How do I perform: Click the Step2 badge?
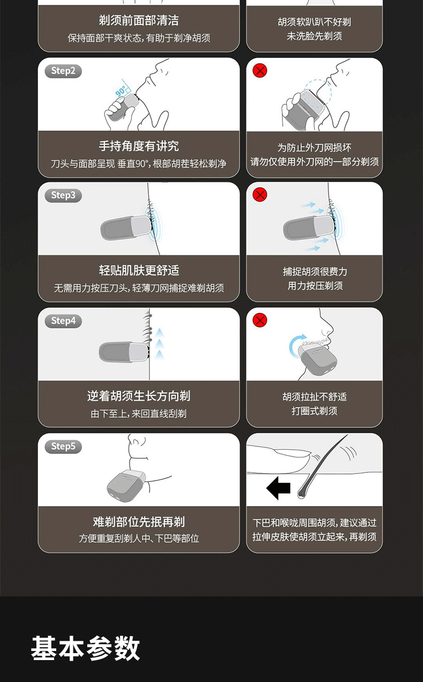[63, 71]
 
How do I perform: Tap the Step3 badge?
[63, 195]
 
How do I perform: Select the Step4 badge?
[63, 321]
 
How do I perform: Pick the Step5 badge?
[63, 446]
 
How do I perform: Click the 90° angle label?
[120, 91]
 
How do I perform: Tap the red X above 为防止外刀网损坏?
[260, 71]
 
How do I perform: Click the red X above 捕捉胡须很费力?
[260, 195]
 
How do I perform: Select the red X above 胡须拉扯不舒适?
[260, 320]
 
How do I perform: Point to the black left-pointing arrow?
[278, 488]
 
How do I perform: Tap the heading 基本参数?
[85, 648]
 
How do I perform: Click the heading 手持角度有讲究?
[139, 146]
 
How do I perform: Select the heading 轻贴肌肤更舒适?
[139, 270]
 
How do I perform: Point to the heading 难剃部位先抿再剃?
[139, 522]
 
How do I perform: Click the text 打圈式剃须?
[314, 411]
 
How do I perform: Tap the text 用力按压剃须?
[315, 286]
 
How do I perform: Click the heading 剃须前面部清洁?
[139, 20]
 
